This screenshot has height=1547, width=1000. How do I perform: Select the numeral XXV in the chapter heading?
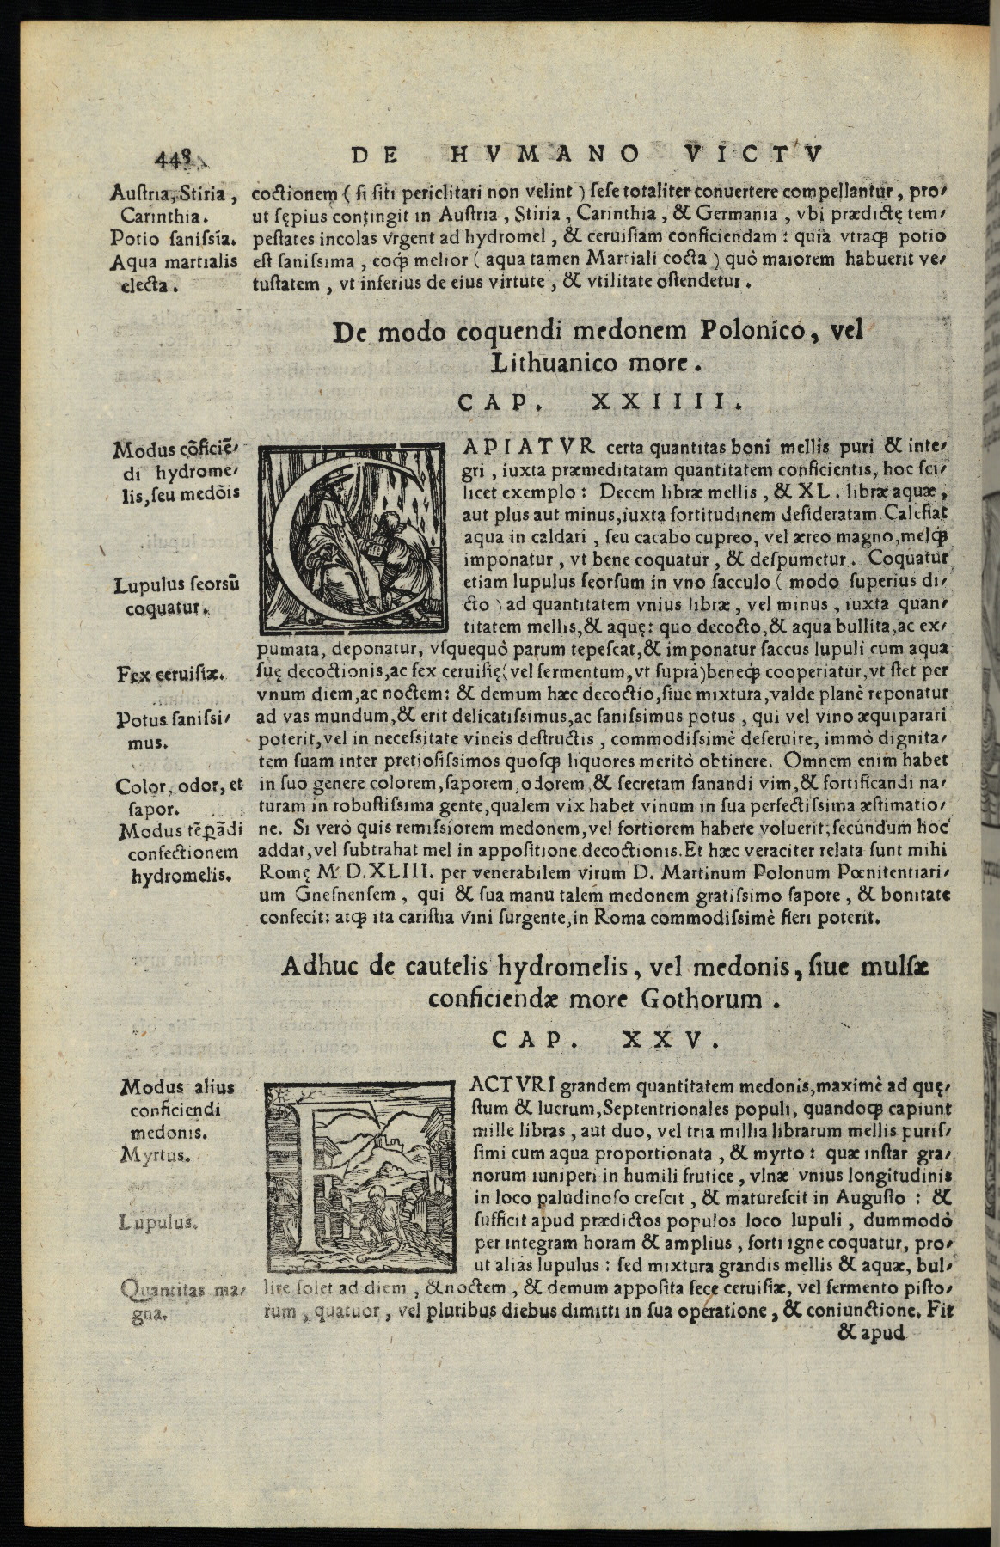(668, 1040)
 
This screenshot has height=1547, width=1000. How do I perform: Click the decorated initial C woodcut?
(353, 538)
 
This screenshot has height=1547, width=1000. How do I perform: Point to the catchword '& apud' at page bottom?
(871, 1333)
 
